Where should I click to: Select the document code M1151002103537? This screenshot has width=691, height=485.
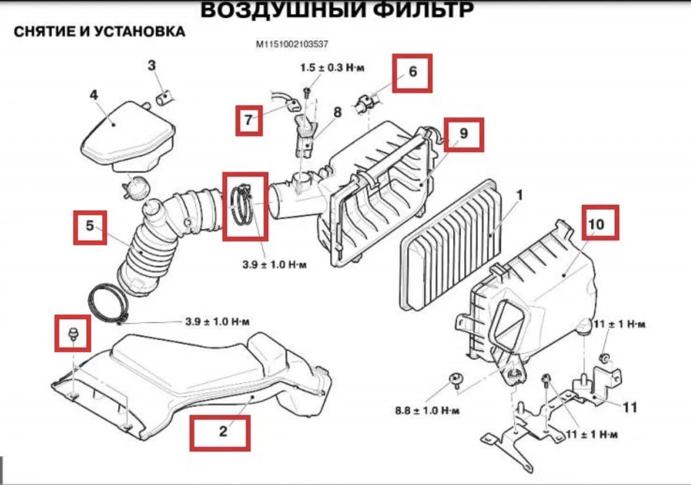(x=292, y=44)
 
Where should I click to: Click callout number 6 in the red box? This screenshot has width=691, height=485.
(x=413, y=72)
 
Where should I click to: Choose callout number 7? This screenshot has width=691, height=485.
(x=249, y=121)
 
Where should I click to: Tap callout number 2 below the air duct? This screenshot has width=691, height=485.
(x=223, y=432)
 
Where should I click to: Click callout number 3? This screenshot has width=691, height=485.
(x=152, y=65)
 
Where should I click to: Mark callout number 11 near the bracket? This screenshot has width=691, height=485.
(x=630, y=407)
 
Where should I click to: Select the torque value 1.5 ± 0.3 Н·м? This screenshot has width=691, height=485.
(x=332, y=68)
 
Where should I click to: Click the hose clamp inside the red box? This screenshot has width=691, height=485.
(x=243, y=205)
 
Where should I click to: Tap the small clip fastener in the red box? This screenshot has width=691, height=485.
(x=74, y=332)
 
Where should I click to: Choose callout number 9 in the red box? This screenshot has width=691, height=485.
(x=464, y=134)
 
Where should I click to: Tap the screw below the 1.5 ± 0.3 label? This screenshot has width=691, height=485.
(x=307, y=91)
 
